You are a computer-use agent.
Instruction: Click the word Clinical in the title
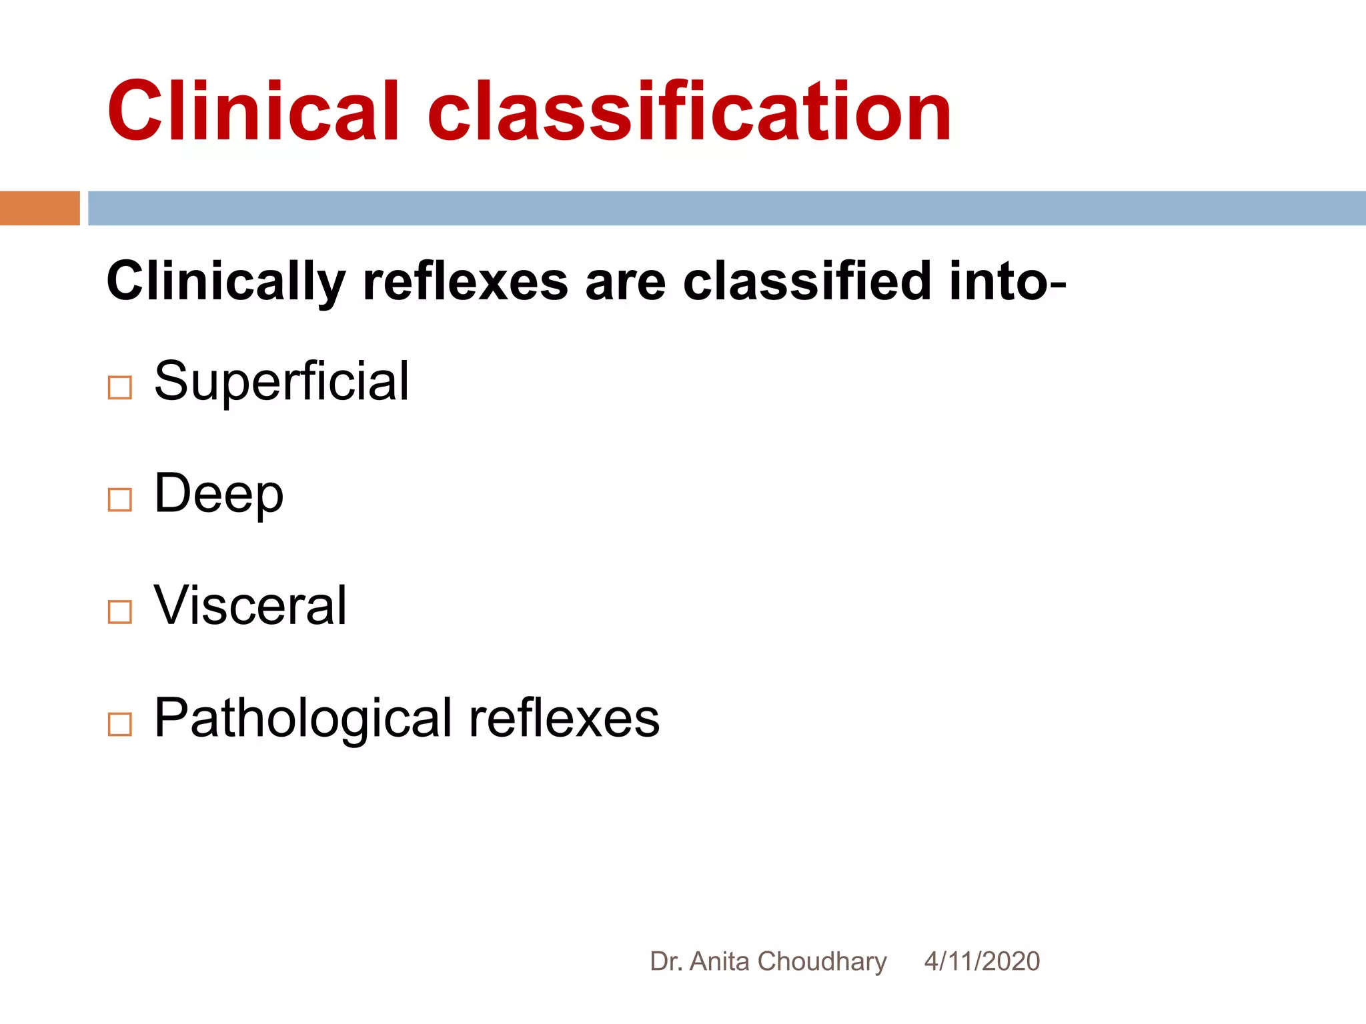pos(253,111)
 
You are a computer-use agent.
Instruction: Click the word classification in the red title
pos(690,111)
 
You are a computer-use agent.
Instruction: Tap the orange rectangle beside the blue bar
pos(39,208)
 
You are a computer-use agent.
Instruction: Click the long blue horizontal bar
pos(726,208)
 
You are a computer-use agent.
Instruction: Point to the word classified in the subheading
pos(807,281)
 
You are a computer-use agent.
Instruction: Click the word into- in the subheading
pos(1008,281)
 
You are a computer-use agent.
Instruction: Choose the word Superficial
pos(281,381)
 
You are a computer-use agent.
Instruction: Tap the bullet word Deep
pos(219,494)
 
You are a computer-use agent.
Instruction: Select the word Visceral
pos(250,605)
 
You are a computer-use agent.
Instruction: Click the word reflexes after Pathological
pos(564,719)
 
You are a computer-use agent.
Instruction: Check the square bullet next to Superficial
pos(120,387)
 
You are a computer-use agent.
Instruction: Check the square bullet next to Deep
pos(120,499)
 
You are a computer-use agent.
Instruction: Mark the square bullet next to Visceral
pos(120,611)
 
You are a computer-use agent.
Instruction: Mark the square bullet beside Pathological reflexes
pos(120,724)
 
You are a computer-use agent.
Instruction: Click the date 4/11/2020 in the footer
pos(982,961)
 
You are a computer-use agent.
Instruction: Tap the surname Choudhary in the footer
pos(822,961)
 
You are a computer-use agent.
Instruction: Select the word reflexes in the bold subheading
pos(466,281)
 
